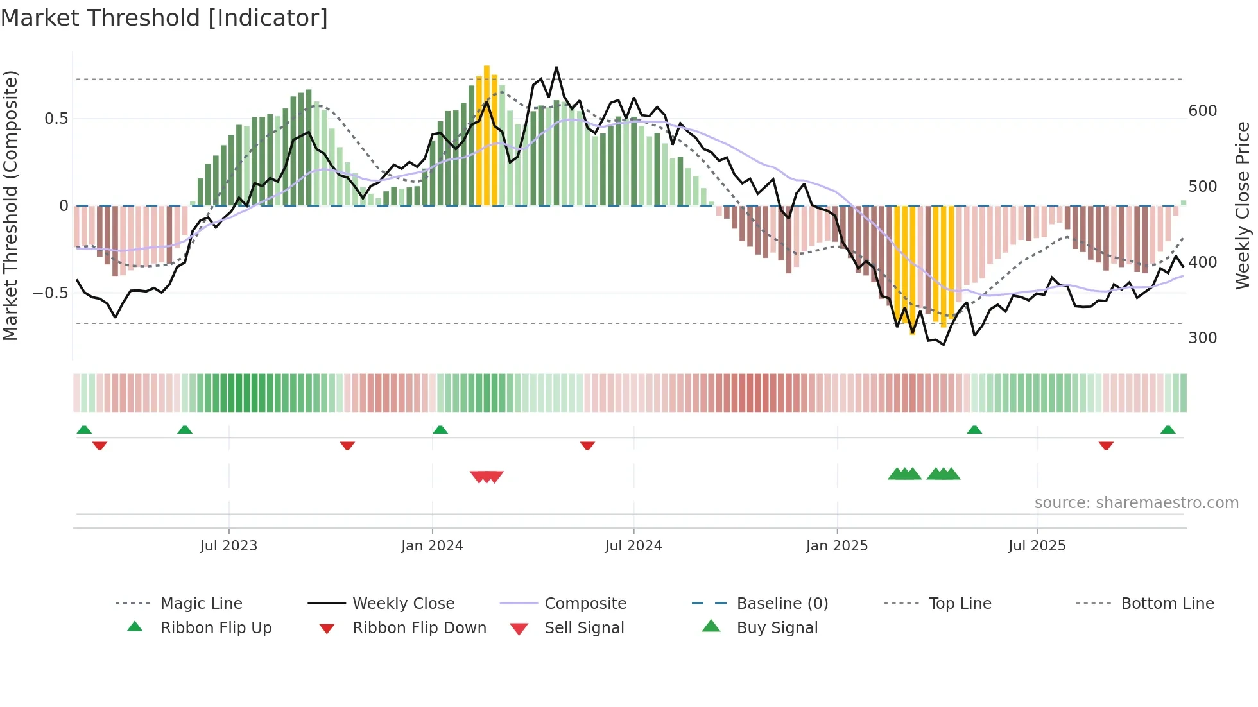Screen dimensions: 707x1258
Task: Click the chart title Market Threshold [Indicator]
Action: tap(164, 18)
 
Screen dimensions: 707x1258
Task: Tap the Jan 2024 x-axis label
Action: tap(432, 546)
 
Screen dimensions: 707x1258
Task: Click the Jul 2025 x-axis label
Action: tap(1037, 546)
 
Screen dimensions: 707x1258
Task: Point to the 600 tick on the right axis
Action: tap(1202, 111)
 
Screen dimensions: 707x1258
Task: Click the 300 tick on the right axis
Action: tap(1202, 338)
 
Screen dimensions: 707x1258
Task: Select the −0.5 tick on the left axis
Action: tap(51, 293)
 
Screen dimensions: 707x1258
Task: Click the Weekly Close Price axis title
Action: tap(1243, 205)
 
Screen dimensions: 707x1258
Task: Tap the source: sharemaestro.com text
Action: tap(1136, 503)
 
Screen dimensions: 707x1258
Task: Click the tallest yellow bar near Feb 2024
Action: tap(487, 135)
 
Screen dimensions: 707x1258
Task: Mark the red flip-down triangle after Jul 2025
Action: tap(1106, 445)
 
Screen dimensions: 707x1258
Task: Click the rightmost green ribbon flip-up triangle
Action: tap(1168, 430)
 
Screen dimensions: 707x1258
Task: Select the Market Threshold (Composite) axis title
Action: tap(10, 205)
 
